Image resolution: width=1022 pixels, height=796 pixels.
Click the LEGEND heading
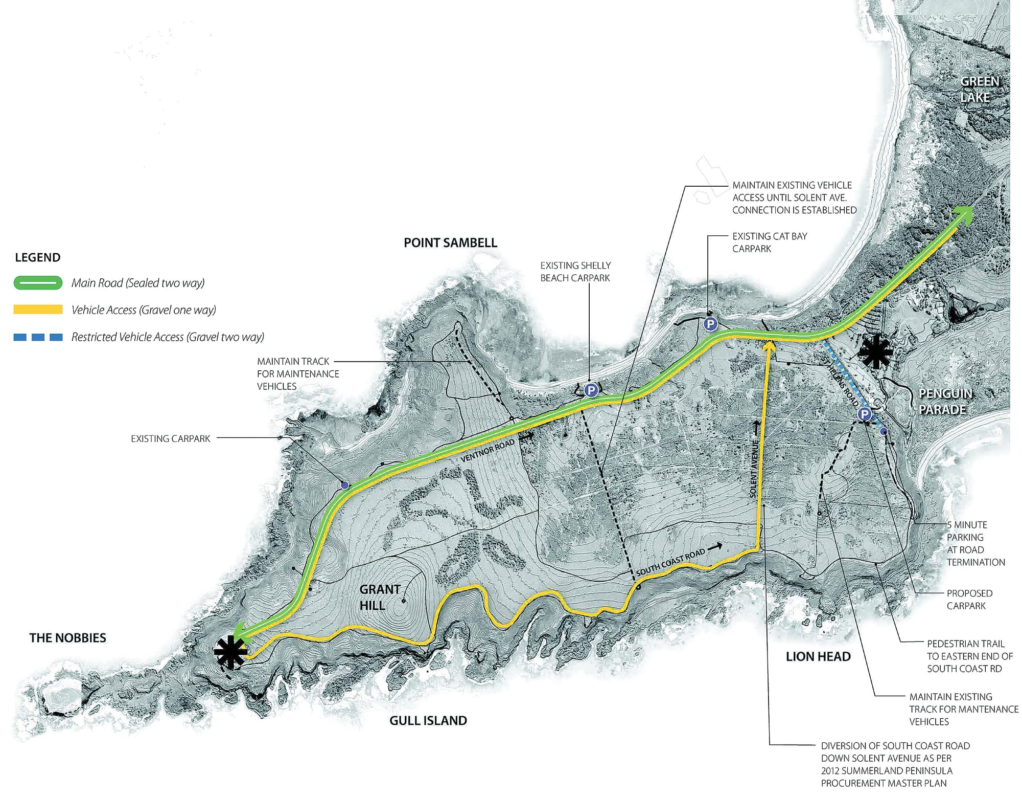pos(38,257)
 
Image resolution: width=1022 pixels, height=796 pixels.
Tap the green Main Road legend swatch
pos(38,283)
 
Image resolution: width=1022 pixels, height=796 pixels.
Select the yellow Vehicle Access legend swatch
pos(38,309)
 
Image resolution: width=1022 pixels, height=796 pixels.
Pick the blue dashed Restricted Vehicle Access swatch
pos(38,337)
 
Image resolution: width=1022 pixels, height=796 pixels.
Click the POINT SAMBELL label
pos(450,243)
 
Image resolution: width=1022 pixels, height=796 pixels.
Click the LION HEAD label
pos(818,657)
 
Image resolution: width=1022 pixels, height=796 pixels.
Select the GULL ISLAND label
pos(428,721)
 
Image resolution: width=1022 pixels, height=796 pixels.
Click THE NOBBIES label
pos(68,638)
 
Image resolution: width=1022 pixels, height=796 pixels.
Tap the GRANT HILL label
pos(379,598)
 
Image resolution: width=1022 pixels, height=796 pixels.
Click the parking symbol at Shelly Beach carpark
pos(591,390)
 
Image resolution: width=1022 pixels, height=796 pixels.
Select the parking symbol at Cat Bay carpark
pos(710,323)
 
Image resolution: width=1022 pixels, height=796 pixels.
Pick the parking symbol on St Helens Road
pos(864,414)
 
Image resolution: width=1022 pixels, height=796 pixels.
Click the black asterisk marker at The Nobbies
pos(230,652)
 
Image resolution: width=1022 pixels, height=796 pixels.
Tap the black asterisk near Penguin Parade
pos(876,352)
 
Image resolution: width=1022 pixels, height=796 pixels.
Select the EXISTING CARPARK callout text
pos(171,439)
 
